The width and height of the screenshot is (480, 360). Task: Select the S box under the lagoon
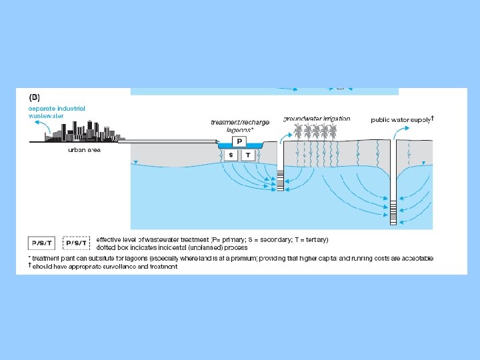click(x=231, y=155)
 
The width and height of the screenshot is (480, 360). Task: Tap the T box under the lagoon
click(x=248, y=155)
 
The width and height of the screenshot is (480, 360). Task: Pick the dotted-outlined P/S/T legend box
click(x=77, y=242)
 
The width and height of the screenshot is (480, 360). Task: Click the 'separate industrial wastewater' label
click(x=56, y=111)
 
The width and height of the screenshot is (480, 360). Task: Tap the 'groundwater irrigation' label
click(x=317, y=118)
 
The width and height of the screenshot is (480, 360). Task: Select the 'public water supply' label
click(x=401, y=120)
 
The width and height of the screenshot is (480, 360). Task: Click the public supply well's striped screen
click(x=395, y=214)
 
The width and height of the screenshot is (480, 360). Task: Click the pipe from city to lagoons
click(x=167, y=141)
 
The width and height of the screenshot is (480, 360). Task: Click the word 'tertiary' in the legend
click(x=313, y=239)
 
